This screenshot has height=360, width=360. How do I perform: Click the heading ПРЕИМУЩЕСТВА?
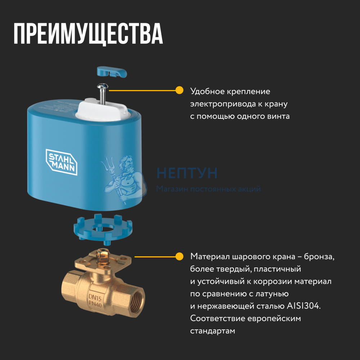click(x=89, y=34)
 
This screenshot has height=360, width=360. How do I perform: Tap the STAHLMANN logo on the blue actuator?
click(x=62, y=162)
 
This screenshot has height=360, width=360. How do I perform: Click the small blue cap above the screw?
click(x=112, y=72)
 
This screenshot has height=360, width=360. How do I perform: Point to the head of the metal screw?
click(x=102, y=86)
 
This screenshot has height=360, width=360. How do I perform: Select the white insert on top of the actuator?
click(x=102, y=110)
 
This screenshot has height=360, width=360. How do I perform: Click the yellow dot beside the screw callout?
click(x=179, y=90)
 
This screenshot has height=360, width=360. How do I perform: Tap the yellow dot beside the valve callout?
click(x=179, y=256)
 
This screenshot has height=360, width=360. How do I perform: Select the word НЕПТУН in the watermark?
click(x=187, y=173)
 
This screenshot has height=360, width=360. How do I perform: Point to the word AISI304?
click(x=303, y=306)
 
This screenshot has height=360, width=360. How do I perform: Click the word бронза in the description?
click(x=319, y=256)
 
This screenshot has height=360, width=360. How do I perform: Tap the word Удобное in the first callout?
click(x=207, y=91)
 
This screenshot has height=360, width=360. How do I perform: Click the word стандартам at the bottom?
click(x=213, y=331)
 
